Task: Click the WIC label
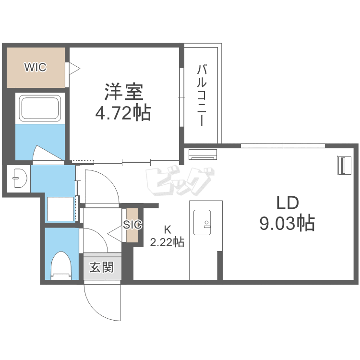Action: [x=36, y=67]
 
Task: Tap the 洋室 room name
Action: [x=124, y=92]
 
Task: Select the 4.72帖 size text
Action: [x=123, y=113]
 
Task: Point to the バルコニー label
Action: [x=201, y=96]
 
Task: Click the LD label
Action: [x=288, y=203]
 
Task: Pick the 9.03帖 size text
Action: [x=287, y=223]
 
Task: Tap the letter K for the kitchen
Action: [x=168, y=229]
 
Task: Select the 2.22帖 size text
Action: [x=167, y=242]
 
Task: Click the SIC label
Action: [x=132, y=225]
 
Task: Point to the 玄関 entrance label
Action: [x=102, y=267]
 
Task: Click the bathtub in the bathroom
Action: [x=40, y=108]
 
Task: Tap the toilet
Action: [x=61, y=265]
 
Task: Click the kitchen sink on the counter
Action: [x=202, y=222]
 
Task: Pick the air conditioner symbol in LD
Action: [x=203, y=154]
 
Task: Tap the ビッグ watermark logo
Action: [x=180, y=181]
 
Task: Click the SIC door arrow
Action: [x=115, y=234]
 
